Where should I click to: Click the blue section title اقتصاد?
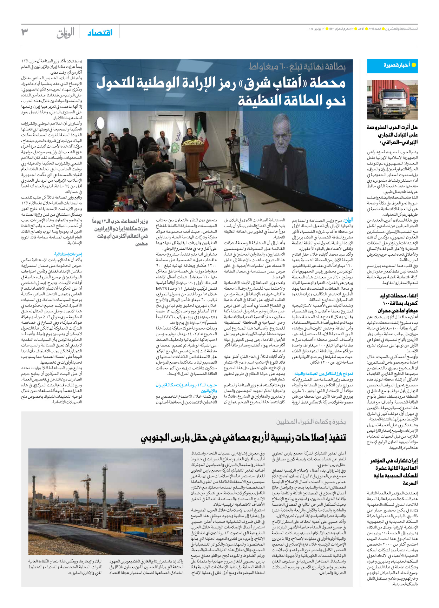(x=100, y=33)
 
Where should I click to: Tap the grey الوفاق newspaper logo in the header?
(x=66, y=33)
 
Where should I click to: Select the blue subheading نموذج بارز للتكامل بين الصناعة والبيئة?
(x=323, y=374)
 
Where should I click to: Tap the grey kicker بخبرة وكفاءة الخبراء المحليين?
(x=311, y=421)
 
